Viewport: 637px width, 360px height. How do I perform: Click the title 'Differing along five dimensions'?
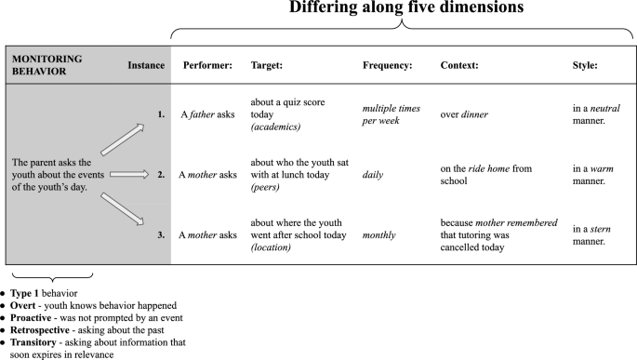[x=395, y=9]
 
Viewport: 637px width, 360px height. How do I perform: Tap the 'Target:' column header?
[x=269, y=65]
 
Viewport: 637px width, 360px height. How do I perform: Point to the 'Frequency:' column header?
[x=387, y=65]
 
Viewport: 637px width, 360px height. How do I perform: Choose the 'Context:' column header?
[x=459, y=65]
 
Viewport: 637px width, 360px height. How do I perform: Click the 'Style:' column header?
[x=586, y=65]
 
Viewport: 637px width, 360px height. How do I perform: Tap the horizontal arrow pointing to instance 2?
[x=128, y=174]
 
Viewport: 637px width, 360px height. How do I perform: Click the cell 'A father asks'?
[x=208, y=115]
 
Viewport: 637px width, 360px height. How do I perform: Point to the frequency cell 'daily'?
[x=373, y=174]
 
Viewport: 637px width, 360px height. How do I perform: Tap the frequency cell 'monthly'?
[x=379, y=234]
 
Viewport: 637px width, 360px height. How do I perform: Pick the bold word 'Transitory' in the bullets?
[x=34, y=342]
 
